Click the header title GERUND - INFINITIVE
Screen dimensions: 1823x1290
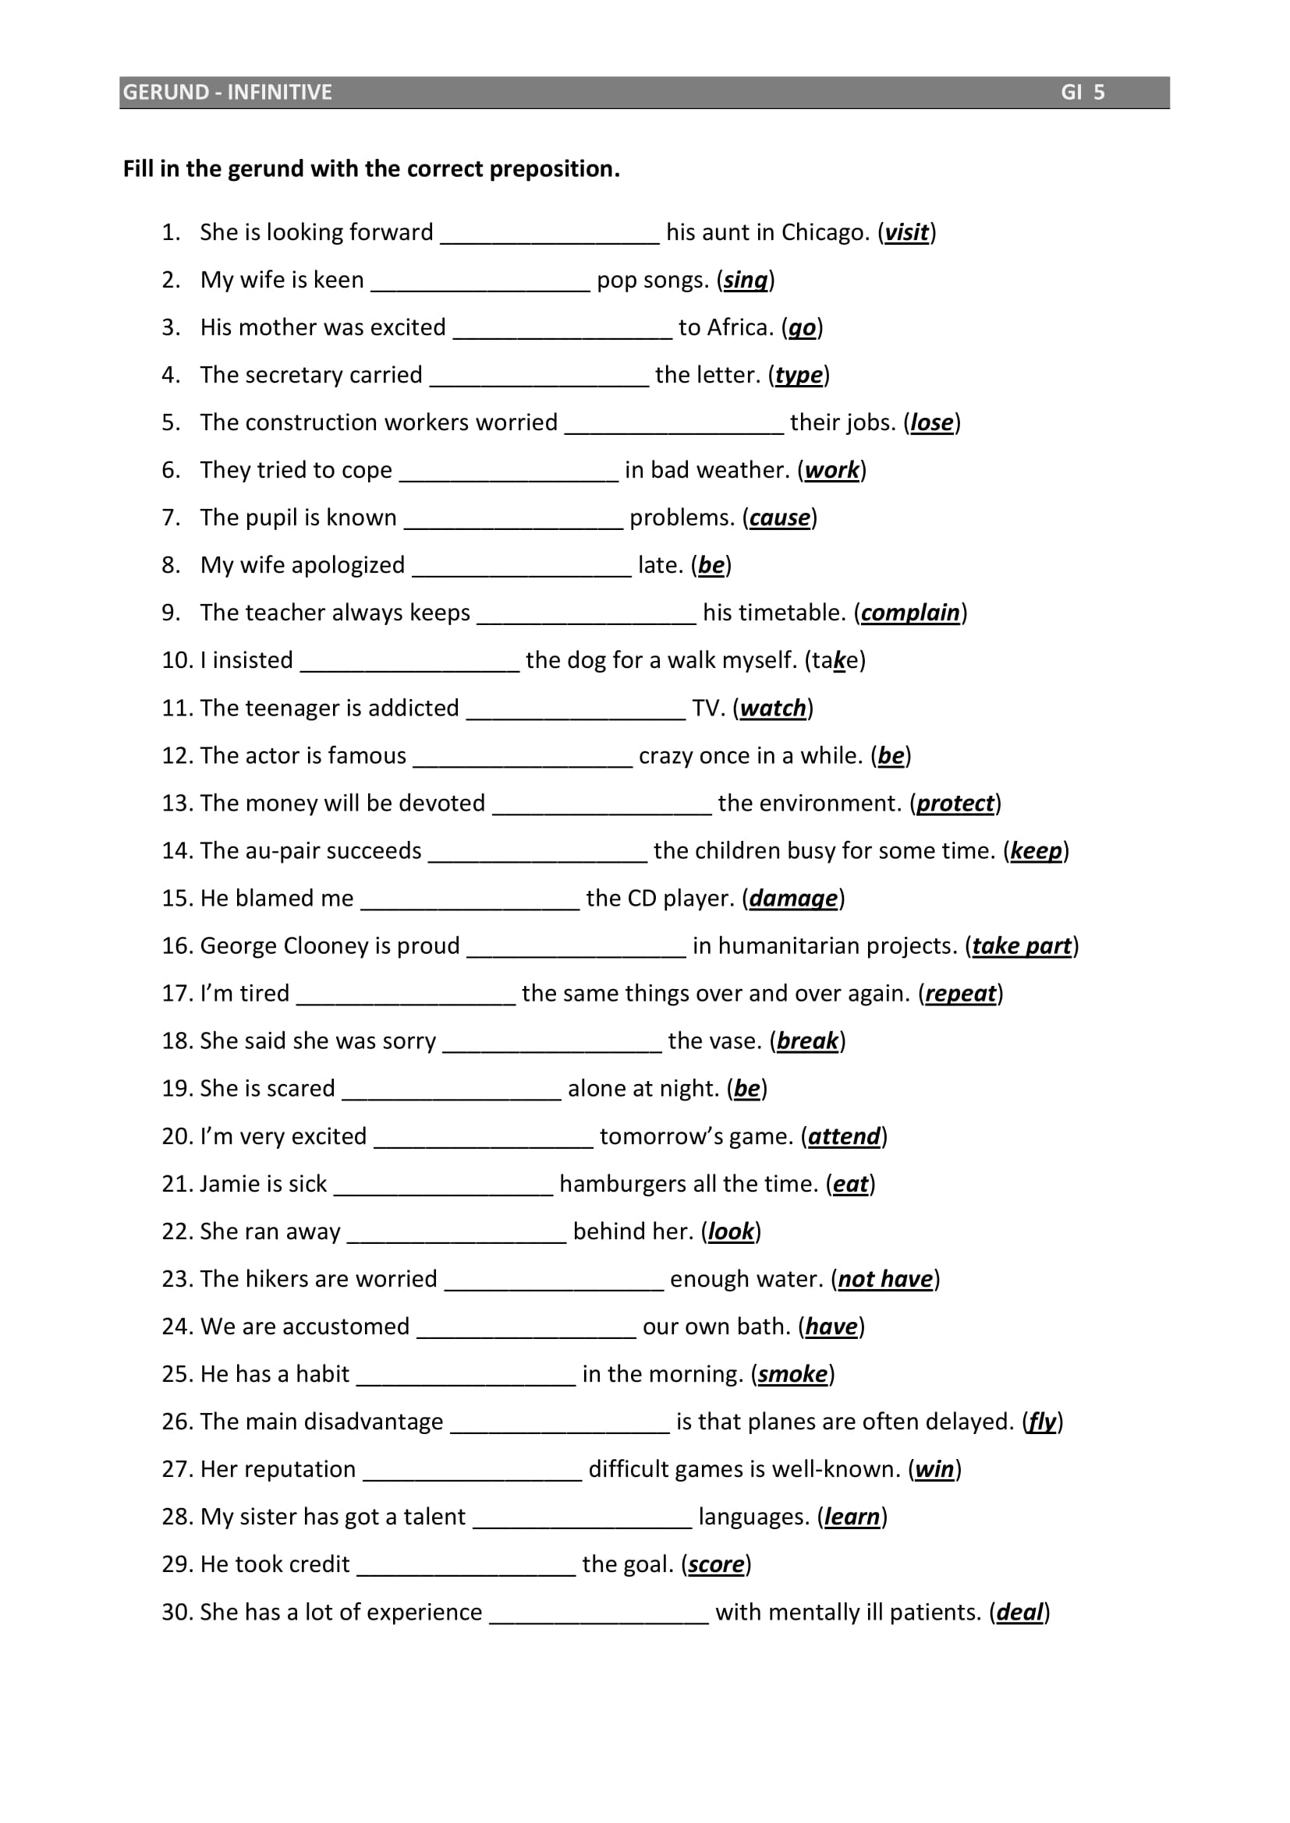point(227,92)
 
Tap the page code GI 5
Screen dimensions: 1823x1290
point(1083,92)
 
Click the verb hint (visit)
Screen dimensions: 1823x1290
point(906,231)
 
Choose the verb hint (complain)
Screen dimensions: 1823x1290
point(910,612)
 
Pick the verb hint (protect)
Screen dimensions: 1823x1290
point(955,803)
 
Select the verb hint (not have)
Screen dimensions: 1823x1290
point(885,1279)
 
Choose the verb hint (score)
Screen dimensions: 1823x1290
point(716,1564)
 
